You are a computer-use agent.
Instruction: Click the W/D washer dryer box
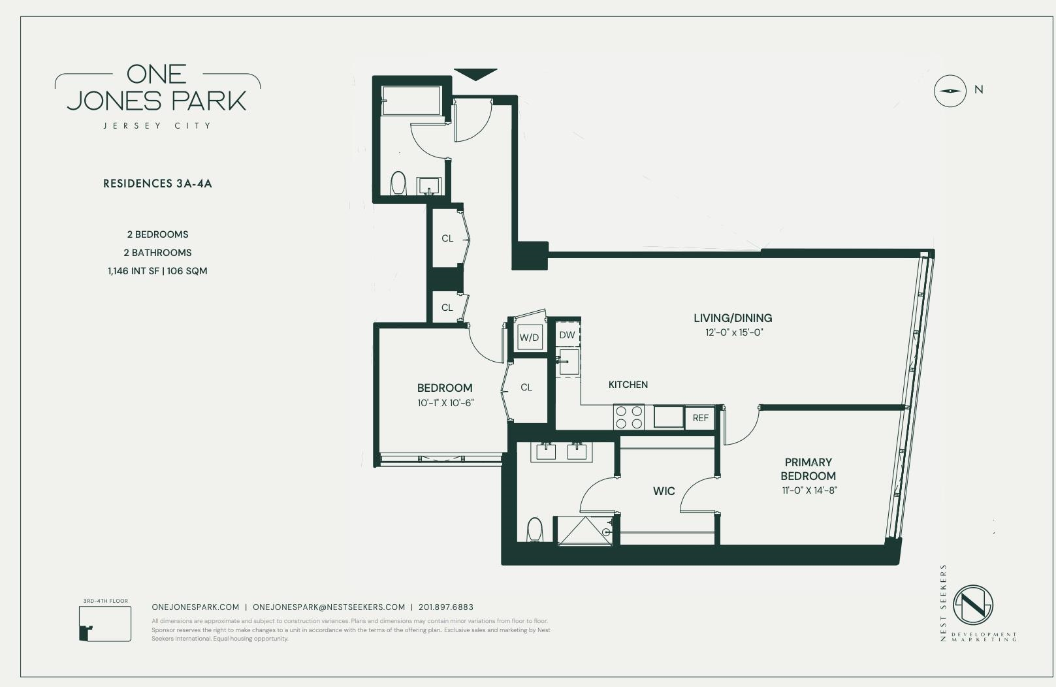pos(529,338)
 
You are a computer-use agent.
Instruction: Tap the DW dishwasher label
pos(567,335)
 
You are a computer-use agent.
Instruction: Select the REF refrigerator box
pos(700,418)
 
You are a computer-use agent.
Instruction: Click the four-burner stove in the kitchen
pos(629,417)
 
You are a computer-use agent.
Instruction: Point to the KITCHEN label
pos(628,385)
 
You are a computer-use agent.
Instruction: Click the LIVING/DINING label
pos(733,318)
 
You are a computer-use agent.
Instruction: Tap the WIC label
pos(664,491)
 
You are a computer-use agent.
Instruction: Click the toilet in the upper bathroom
pos(398,184)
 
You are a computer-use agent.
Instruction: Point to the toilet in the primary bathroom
pos(535,530)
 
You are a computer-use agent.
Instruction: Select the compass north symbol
pos(950,91)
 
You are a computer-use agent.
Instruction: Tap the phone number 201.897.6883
pos(446,607)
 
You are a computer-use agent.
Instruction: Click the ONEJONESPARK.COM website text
pos(195,607)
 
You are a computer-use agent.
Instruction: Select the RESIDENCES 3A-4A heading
pos(157,184)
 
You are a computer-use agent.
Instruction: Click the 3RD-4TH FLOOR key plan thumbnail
pos(104,623)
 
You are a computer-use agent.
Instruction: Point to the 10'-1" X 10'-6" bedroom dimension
pos(445,403)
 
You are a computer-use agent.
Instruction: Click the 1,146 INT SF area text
pos(133,271)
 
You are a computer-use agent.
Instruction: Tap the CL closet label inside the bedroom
pos(526,387)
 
